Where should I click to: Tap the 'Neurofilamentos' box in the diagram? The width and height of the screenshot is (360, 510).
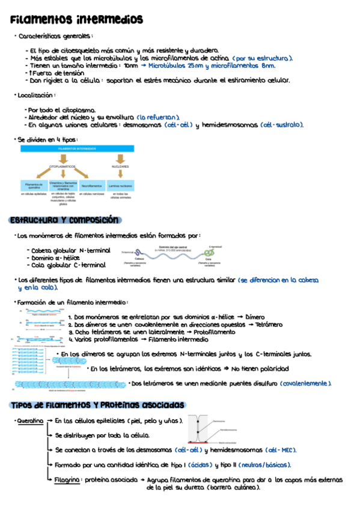pos(92,186)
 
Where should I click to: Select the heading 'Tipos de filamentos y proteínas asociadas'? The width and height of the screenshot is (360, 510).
pos(97,405)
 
